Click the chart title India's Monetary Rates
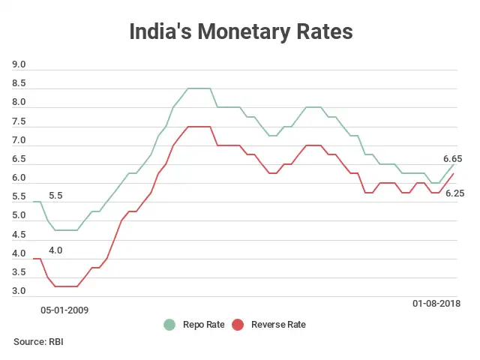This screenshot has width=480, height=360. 240,32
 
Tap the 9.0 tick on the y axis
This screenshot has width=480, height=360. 19,64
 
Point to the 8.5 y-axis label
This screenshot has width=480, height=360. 19,83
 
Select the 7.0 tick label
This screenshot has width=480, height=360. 19,140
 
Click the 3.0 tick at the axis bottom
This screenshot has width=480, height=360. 19,291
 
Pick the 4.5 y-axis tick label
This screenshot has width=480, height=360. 19,234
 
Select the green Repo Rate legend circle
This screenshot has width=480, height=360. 170,325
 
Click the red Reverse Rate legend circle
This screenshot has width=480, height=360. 238,325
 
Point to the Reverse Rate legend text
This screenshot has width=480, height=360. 278,325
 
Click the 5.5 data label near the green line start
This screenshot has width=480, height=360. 55,196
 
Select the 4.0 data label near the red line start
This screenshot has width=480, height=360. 55,250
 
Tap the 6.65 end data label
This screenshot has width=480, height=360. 452,159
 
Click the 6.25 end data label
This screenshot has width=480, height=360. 455,193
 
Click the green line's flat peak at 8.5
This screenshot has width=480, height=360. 199,88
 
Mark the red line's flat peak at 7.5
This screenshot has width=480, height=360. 199,127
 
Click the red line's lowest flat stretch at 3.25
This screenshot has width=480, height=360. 66,286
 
